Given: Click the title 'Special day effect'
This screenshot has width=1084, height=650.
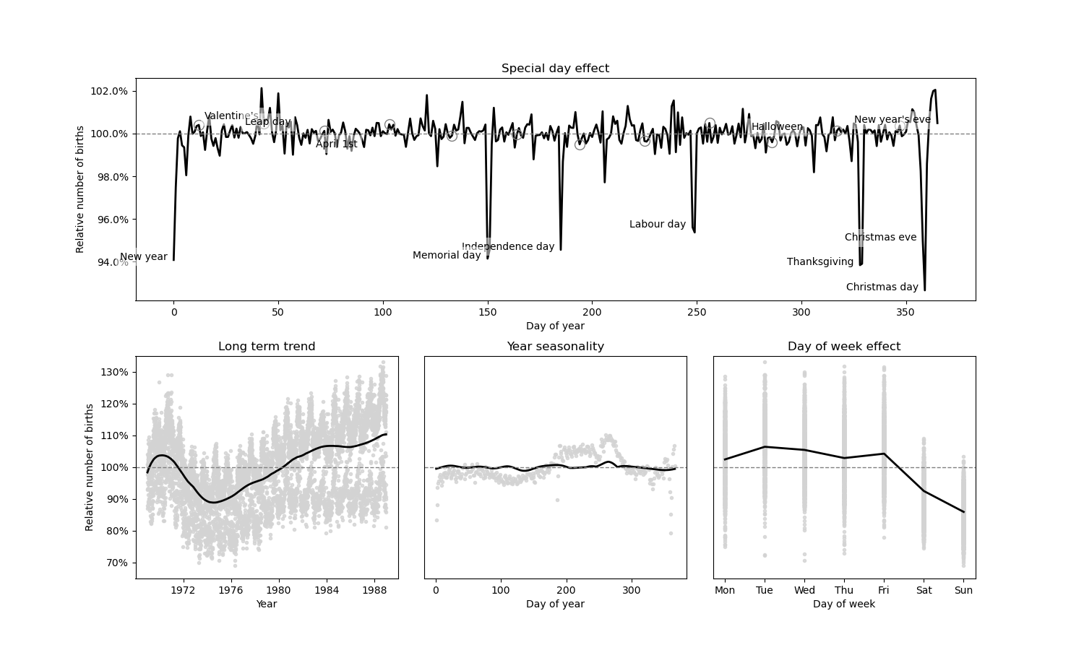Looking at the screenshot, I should [x=555, y=69].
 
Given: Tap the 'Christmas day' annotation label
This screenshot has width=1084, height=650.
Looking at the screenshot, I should [x=882, y=287].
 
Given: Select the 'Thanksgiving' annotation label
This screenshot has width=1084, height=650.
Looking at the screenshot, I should [x=820, y=262].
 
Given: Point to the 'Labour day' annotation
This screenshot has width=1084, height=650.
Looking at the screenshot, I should [x=657, y=225].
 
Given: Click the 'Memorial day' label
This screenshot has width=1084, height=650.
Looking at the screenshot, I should [x=446, y=256].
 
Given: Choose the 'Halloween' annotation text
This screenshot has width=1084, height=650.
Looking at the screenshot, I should [x=777, y=127].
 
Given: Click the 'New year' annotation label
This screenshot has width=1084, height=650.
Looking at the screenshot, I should [x=143, y=257].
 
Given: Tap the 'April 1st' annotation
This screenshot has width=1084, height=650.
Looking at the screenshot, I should [x=336, y=144].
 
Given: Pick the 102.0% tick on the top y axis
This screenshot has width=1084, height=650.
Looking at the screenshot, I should [x=109, y=91].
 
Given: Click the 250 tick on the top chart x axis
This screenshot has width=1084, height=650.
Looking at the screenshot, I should [x=697, y=312].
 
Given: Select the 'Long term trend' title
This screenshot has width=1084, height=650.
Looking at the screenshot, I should [x=267, y=347].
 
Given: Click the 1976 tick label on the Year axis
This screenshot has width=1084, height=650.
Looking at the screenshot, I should [x=231, y=590].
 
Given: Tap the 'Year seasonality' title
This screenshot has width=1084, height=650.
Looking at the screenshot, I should [x=555, y=347].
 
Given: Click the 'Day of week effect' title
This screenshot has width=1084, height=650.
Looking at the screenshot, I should [x=843, y=347].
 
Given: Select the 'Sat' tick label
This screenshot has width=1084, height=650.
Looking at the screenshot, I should [x=924, y=590].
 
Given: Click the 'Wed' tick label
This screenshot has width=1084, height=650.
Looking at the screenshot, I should [x=804, y=590].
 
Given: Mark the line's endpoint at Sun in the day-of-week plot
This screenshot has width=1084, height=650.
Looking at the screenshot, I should [x=963, y=512].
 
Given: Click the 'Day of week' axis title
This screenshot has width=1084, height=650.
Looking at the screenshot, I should [x=843, y=604].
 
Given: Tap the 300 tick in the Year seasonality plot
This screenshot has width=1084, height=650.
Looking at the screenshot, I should [x=632, y=590].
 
